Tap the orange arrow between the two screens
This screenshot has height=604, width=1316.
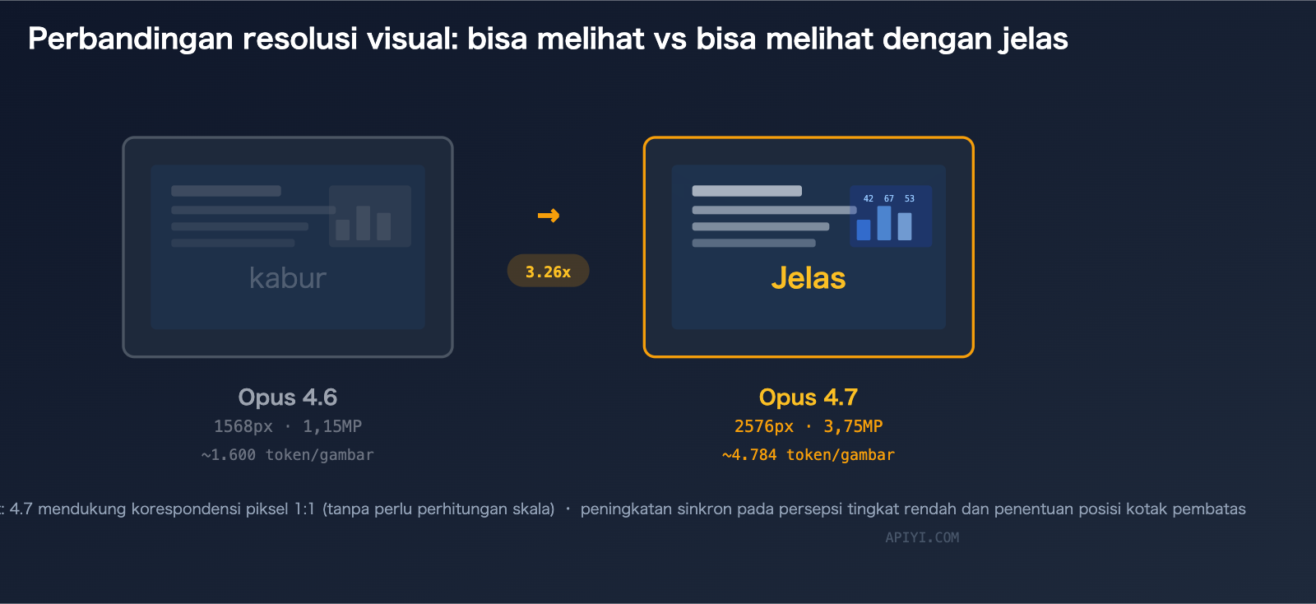coord(549,216)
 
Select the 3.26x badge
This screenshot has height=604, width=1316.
coord(548,272)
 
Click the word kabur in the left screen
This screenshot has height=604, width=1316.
coord(288,278)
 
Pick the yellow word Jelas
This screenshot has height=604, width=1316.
coord(809,278)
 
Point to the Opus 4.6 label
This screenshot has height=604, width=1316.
coord(288,397)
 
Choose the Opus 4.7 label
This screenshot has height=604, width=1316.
coord(809,397)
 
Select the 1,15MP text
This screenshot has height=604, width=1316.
coord(332,426)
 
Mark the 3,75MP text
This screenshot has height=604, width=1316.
coord(853,426)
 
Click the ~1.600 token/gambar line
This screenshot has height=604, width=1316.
coord(288,455)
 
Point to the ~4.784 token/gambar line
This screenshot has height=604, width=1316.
coord(809,455)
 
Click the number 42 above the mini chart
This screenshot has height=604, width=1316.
coord(869,198)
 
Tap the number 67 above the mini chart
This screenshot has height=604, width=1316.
coord(889,198)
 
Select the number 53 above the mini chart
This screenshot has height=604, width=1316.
coord(910,198)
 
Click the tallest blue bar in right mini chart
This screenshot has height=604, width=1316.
coord(884,223)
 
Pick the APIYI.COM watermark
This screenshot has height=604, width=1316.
coord(922,537)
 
